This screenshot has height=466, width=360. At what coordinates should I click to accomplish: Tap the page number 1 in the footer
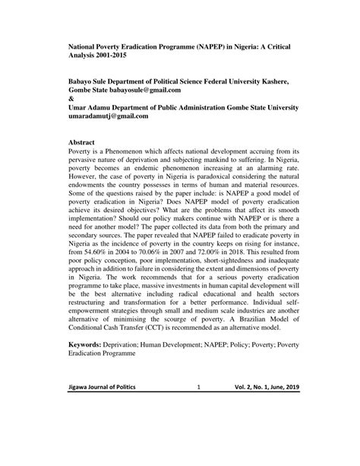pos(197,430)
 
